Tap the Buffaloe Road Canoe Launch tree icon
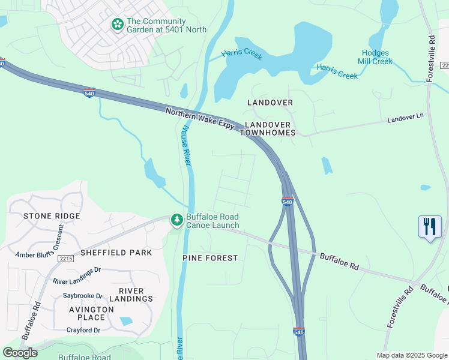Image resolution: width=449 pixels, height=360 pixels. coord(176,221)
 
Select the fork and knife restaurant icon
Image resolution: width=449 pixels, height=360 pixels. coord(430,227)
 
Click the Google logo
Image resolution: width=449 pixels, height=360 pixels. coord(20,353)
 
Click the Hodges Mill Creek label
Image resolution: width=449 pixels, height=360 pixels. coord(375,57)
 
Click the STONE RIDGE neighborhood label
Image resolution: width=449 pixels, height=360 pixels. coord(51,216)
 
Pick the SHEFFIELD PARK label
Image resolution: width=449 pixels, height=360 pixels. coord(116,253)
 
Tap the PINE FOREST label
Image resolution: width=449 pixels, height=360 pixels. coord(210,258)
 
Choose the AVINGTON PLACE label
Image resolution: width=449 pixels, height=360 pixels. coord(91,314)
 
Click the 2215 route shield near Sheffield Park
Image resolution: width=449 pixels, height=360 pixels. coord(66,259)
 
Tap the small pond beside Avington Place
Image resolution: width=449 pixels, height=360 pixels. coord(126,321)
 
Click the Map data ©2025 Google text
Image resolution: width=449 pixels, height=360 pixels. coord(411,355)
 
